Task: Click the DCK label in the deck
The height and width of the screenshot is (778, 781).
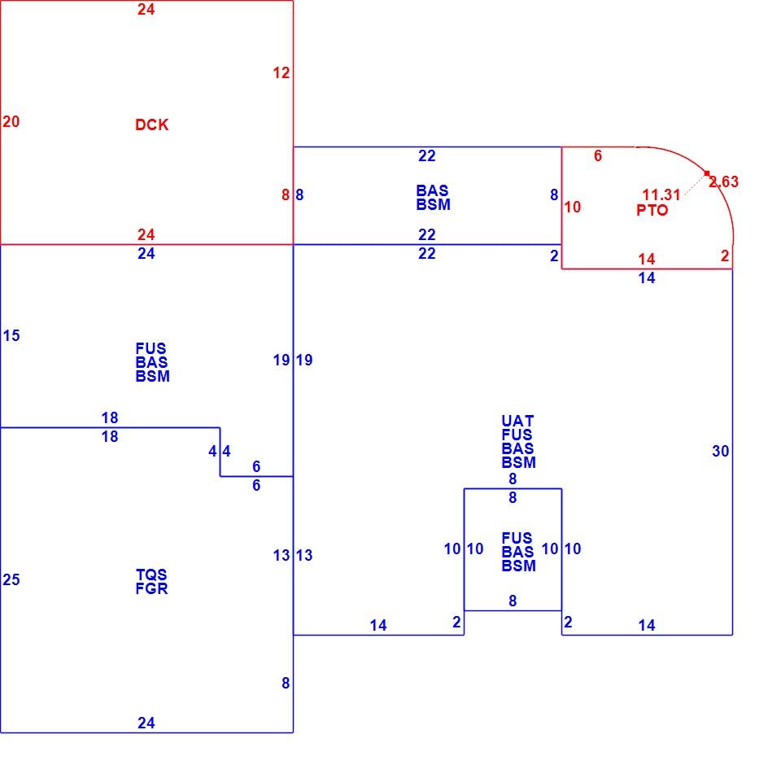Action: click(152, 125)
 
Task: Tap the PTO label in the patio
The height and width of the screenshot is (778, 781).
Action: click(652, 210)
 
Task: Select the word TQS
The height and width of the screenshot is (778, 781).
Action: click(151, 575)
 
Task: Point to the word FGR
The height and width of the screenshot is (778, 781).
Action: click(151, 588)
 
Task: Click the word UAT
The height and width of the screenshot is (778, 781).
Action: click(517, 421)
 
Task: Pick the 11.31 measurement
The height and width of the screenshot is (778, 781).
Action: click(661, 194)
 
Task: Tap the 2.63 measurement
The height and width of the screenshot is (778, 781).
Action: click(724, 181)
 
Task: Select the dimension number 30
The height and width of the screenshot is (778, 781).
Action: click(720, 451)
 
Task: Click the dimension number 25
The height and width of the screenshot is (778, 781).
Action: click(11, 579)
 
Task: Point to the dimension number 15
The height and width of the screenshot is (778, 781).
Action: click(11, 335)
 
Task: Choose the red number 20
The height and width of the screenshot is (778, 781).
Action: click(11, 121)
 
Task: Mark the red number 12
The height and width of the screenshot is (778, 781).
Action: click(281, 72)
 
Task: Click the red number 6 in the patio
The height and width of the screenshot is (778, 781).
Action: click(598, 155)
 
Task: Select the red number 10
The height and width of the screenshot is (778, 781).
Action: click(572, 207)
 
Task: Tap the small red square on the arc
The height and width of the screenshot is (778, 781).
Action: click(707, 173)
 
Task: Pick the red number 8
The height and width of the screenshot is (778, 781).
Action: click(286, 194)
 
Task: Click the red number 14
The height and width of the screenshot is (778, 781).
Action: click(647, 259)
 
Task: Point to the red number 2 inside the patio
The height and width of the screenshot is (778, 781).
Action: click(725, 256)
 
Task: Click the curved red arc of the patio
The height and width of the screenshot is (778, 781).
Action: click(707, 173)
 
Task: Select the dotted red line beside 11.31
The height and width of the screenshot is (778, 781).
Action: click(695, 185)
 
